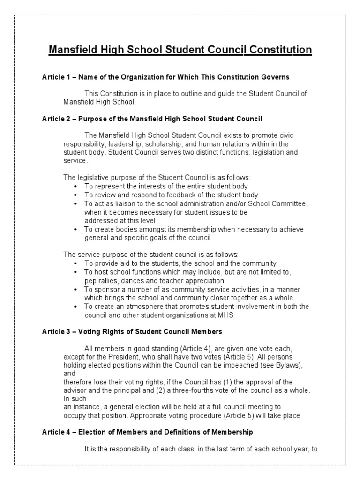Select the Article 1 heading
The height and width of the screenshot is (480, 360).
[165, 76]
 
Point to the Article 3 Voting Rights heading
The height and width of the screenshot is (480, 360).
[132, 331]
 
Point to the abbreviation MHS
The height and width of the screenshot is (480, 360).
[223, 315]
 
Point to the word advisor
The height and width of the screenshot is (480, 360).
[75, 390]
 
